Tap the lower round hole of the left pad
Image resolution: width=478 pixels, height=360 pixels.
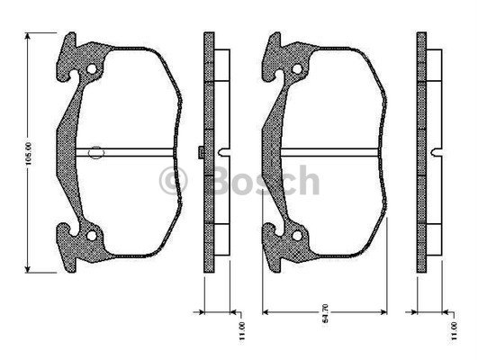(x=90, y=236)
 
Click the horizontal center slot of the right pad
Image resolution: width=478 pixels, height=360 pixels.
(x=333, y=151)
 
